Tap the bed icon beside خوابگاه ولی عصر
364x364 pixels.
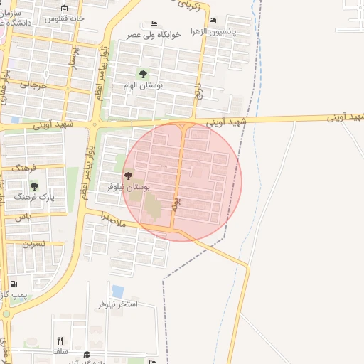click(154, 23)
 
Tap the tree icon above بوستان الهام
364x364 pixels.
click(143, 74)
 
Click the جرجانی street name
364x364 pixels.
click(33, 85)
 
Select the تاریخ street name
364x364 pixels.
click(200, 90)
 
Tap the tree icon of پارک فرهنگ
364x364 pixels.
click(34, 186)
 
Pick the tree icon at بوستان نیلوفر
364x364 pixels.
click(128, 176)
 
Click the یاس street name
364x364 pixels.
click(23, 216)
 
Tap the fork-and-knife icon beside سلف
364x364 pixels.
click(60, 341)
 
